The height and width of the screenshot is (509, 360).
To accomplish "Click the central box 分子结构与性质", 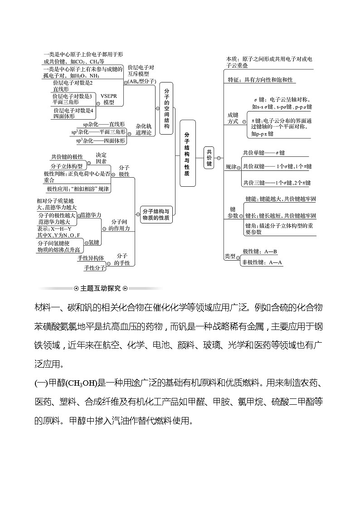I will click(x=187, y=154).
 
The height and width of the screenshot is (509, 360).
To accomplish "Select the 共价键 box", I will click(x=209, y=158).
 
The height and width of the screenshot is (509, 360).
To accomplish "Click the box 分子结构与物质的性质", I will click(x=156, y=214).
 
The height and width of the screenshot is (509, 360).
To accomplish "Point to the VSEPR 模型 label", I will click(x=108, y=99).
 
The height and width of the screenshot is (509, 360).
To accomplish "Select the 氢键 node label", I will click(x=93, y=242).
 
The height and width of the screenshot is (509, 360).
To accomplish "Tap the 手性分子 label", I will click(x=94, y=268).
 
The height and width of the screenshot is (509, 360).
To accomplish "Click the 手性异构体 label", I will click(x=91, y=258).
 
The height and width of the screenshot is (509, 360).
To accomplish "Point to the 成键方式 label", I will click(x=233, y=118).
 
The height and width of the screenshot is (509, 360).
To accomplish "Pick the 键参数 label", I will click(x=233, y=213).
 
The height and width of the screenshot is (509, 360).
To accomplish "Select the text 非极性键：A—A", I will click(x=263, y=262).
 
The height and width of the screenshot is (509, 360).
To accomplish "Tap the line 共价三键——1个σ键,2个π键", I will click(x=277, y=183).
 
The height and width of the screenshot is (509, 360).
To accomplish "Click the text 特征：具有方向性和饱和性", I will click(x=260, y=80).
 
